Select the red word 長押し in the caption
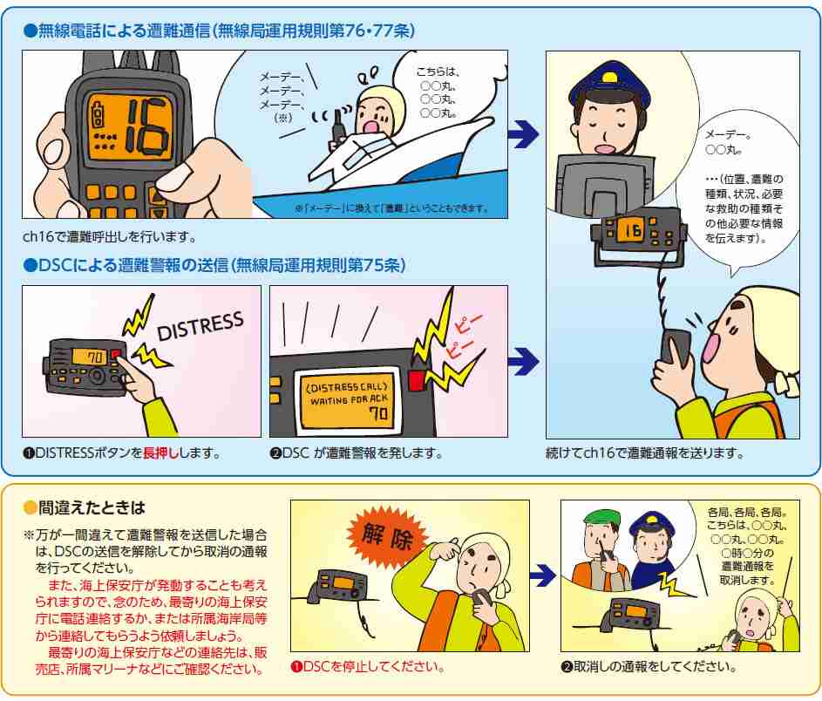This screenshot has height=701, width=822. point(160,453)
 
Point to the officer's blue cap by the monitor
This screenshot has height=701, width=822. point(604,84)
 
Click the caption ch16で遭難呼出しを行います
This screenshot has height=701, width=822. point(110,236)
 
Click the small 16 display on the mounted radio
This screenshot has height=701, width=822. point(628,231)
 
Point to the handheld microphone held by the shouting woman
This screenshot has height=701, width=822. point(676,346)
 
